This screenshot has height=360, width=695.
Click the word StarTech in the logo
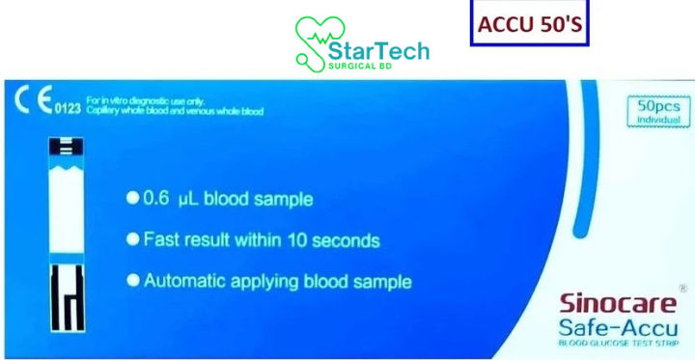click(378, 49)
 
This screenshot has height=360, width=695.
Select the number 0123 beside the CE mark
click(67, 108)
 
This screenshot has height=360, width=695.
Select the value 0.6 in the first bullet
click(156, 200)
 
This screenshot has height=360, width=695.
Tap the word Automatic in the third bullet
click(183, 282)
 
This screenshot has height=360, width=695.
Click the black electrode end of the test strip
click(66, 299)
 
